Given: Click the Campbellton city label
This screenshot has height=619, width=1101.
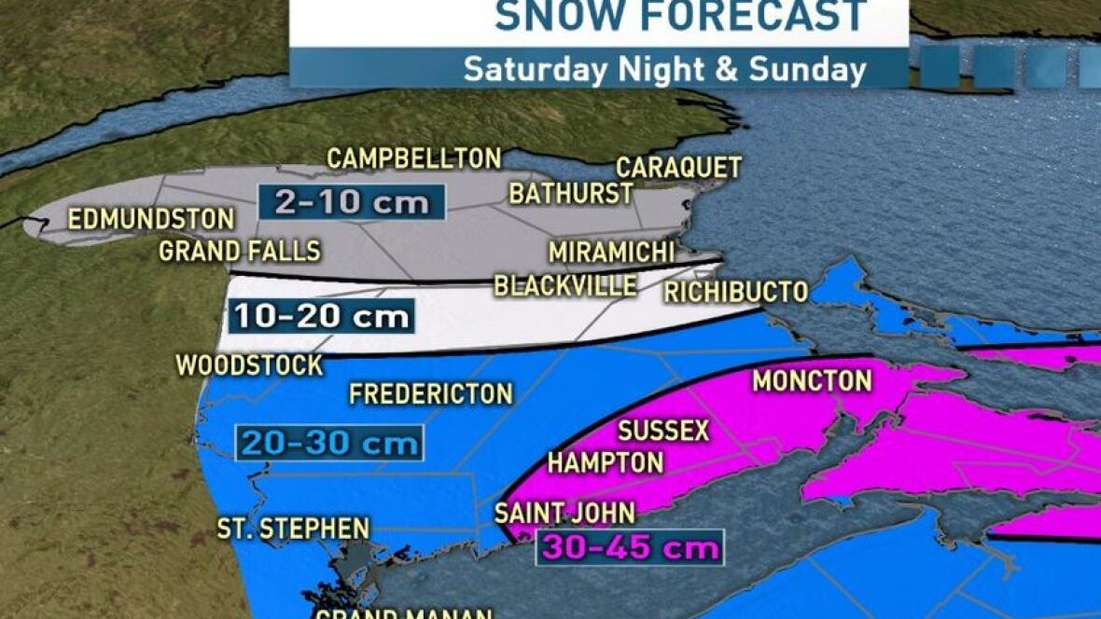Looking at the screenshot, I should tap(414, 158).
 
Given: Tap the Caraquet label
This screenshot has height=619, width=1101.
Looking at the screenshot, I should tap(679, 168).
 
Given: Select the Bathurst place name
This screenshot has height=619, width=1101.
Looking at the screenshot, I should tap(571, 193).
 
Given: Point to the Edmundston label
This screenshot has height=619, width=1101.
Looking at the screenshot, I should tap(151, 219).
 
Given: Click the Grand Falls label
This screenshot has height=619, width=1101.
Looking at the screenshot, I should tap(240, 251).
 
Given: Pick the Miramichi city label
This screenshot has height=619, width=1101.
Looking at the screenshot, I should tap(611, 253).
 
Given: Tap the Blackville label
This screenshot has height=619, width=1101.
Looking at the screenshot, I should tap(565, 285).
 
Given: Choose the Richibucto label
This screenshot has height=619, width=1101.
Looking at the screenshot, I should tap(735, 292).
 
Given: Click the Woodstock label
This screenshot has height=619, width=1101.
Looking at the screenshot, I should tap(250, 365).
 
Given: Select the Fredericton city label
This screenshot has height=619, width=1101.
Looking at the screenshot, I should tap(431, 393).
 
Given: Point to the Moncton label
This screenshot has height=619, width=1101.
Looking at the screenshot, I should tap(812, 380).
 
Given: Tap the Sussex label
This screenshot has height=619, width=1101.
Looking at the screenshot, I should tap(663, 431).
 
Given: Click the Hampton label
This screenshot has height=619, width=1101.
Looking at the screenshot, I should tap(606, 461).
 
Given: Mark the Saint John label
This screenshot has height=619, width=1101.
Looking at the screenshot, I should tap(564, 513).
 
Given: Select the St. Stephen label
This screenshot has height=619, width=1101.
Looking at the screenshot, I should tap(294, 529).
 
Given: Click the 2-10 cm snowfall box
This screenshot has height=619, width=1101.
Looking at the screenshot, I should tap(351, 201).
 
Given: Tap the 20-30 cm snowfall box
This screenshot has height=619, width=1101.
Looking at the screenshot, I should tap(329, 443).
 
